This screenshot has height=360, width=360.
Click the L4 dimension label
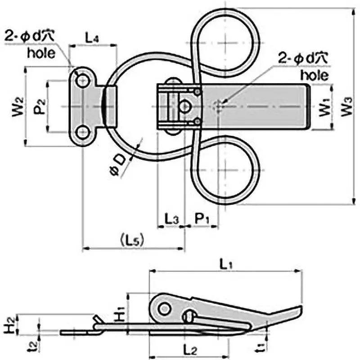92,38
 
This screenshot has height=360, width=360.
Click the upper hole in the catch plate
82,81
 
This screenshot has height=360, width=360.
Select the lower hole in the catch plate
82,133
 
